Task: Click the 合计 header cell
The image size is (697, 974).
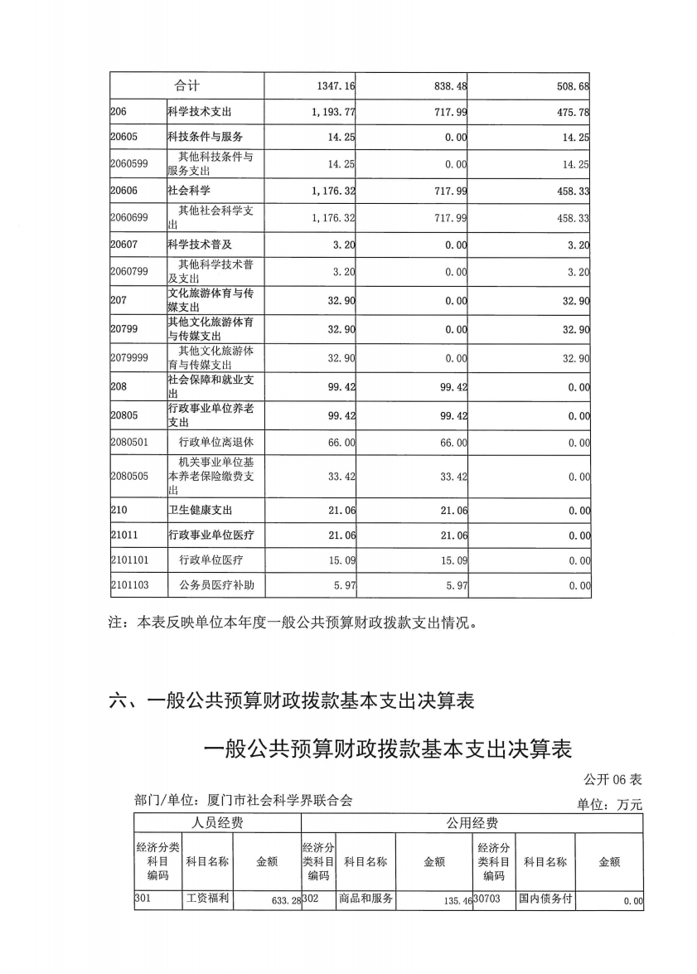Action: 186,85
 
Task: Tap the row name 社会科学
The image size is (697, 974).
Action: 189,191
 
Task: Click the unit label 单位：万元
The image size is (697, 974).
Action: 609,804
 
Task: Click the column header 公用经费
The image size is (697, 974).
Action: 472,822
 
